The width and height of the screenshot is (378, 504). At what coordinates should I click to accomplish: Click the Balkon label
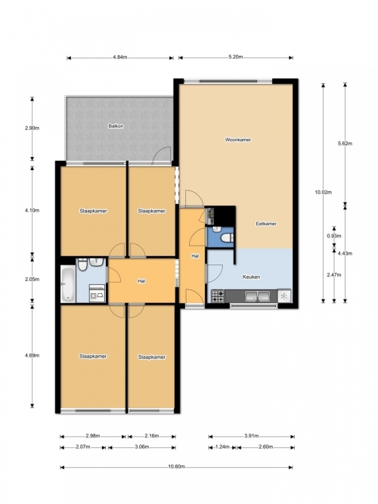tap(116, 126)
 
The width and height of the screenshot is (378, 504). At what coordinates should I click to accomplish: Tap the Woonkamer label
tap(238, 140)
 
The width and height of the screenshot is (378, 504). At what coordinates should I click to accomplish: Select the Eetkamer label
tap(266, 224)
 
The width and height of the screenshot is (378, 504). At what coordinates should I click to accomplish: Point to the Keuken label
tap(251, 277)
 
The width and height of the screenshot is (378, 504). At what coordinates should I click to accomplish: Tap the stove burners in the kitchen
tap(218, 296)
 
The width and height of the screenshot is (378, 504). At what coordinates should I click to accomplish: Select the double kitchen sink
tap(257, 296)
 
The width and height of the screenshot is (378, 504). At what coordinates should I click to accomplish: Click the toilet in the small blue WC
tap(228, 238)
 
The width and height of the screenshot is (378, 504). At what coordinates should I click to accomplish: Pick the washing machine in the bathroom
tap(98, 293)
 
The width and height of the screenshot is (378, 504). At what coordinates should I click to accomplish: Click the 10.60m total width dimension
tap(176, 467)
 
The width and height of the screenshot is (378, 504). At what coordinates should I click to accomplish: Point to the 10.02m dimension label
tap(324, 193)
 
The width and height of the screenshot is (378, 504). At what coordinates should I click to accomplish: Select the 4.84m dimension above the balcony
tap(120, 57)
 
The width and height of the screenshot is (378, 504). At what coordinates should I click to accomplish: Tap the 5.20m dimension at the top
tap(235, 57)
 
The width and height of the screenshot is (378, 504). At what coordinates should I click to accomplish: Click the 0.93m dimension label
tap(334, 236)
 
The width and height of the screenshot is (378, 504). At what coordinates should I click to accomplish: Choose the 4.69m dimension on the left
tap(33, 355)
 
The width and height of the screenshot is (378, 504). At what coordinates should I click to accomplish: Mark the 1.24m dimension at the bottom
tap(222, 447)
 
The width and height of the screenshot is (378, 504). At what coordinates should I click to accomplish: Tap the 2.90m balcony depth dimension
tap(33, 128)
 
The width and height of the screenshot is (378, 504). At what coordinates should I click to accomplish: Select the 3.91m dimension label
tap(252, 436)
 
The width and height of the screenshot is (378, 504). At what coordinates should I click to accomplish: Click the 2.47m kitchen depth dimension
tap(334, 275)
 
